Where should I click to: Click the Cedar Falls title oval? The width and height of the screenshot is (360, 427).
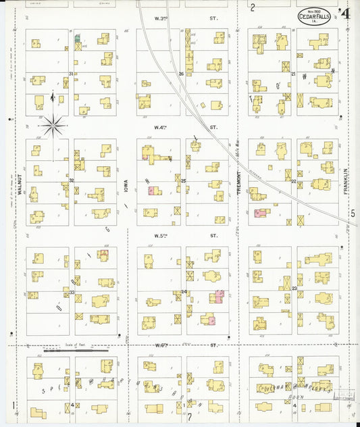(313, 17)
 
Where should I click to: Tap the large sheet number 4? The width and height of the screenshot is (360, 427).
(344, 13)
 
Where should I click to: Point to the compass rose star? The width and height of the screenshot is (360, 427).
(53, 124)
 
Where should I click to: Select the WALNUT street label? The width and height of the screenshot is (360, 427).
(20, 182)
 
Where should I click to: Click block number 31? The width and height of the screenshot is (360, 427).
(71, 74)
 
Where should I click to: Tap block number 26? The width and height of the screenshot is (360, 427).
(182, 74)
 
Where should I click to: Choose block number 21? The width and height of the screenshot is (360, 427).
(294, 74)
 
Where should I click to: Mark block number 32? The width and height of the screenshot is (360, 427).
(71, 181)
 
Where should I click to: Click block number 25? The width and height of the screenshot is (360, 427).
(183, 181)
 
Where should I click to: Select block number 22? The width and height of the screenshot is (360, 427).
(294, 181)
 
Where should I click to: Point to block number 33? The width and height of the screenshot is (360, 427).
(71, 292)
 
